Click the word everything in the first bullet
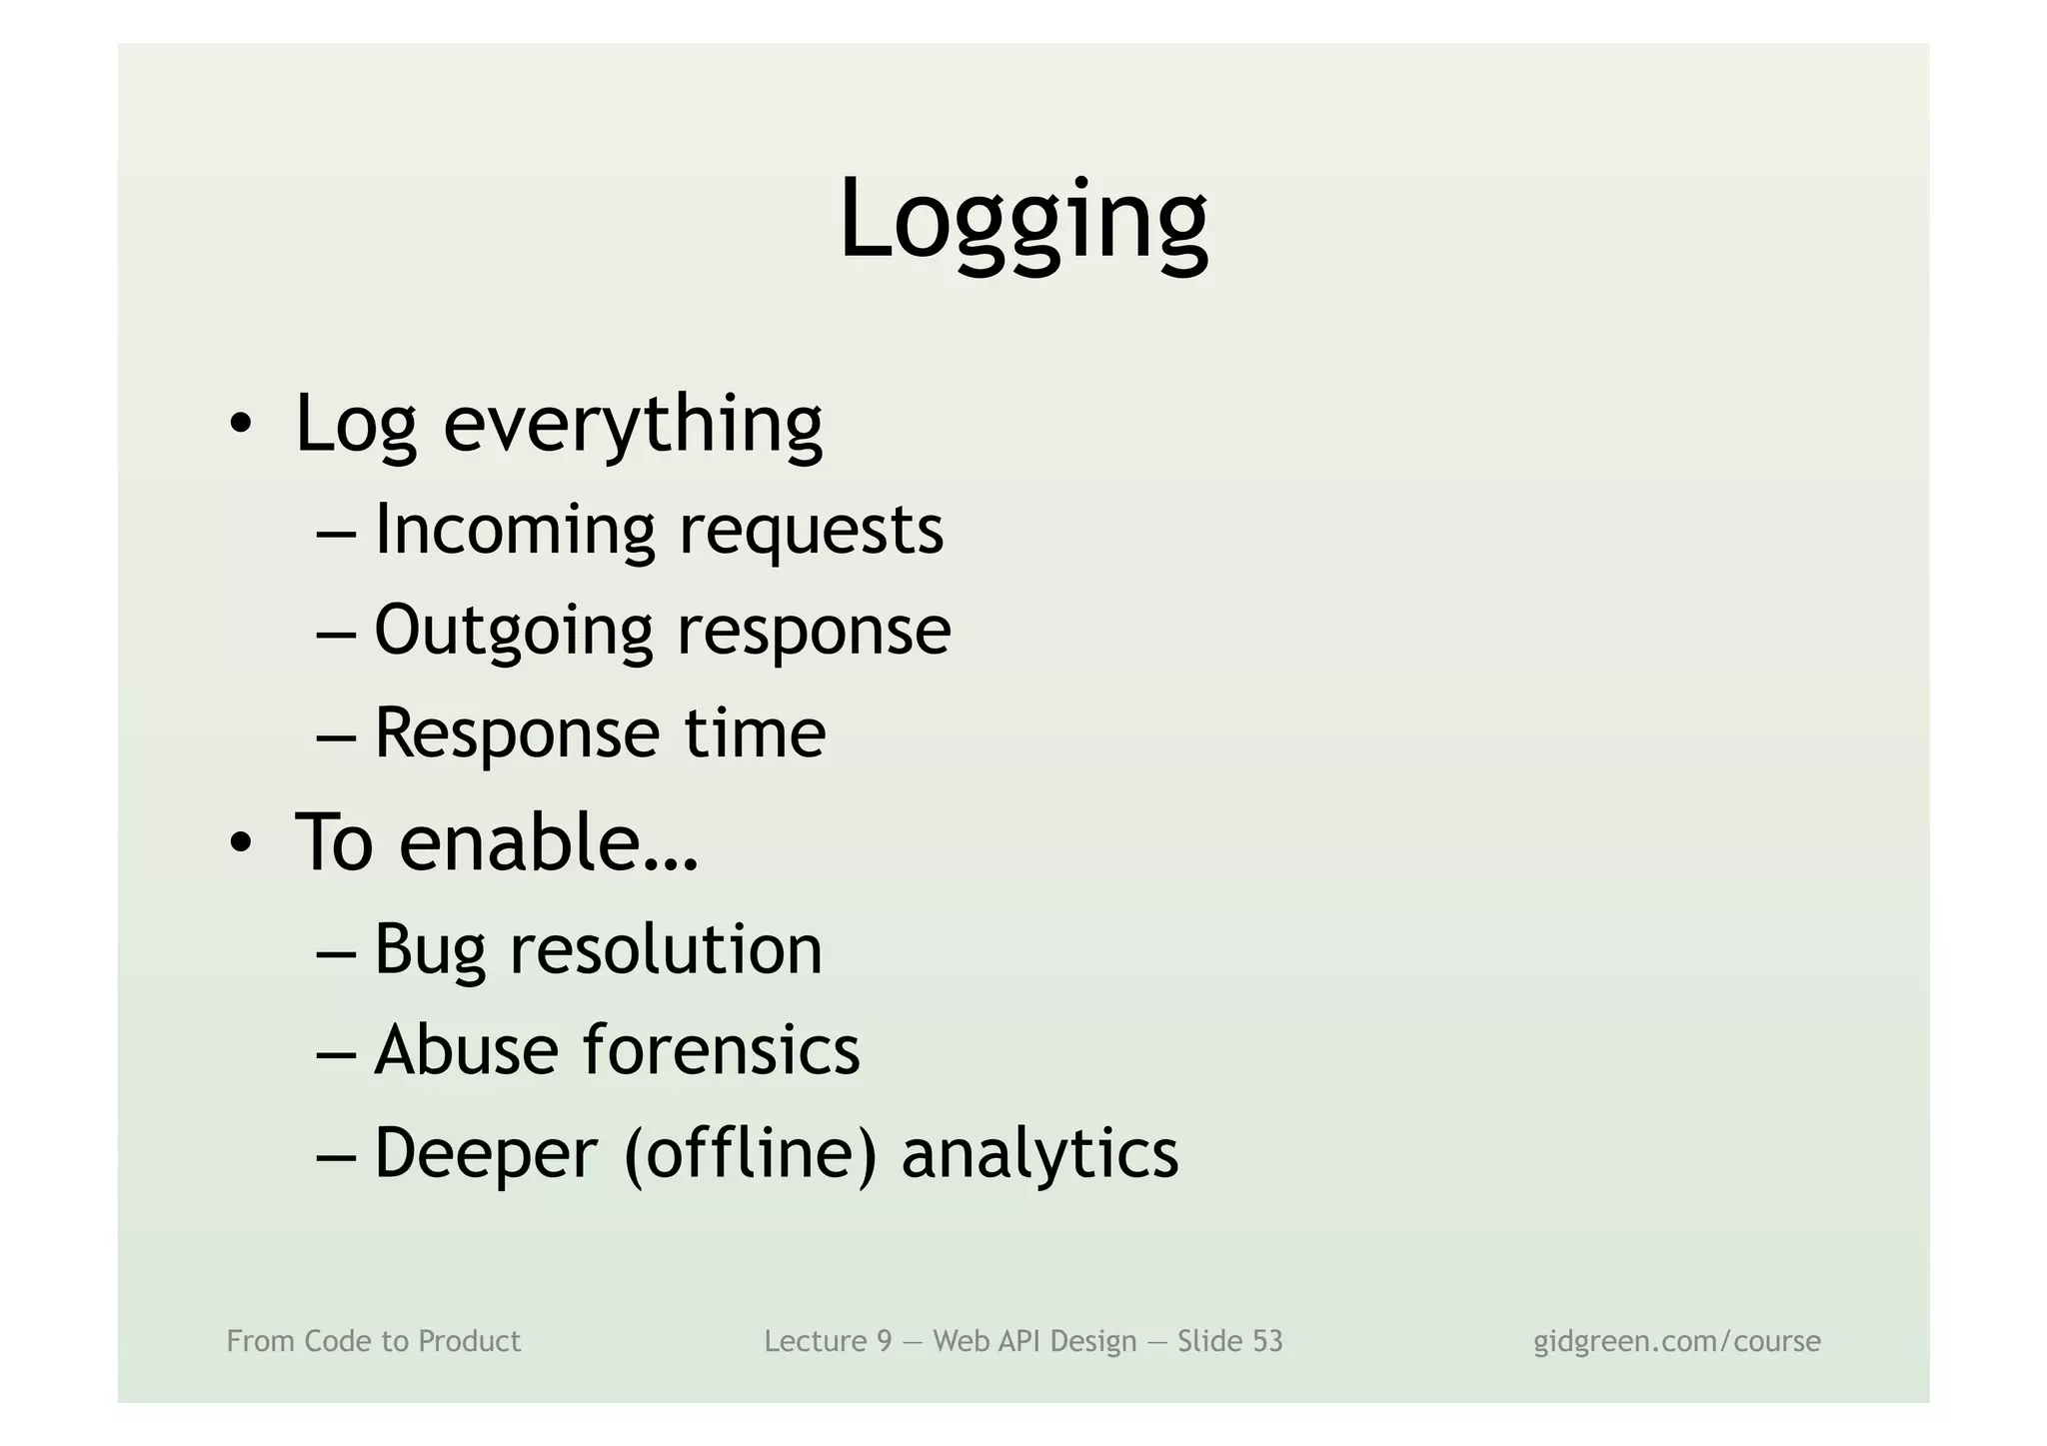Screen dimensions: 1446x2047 [633, 424]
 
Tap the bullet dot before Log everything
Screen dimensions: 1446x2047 [240, 426]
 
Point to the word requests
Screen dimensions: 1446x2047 [811, 533]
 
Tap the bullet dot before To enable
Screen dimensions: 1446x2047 [240, 845]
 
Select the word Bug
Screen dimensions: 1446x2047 [429, 949]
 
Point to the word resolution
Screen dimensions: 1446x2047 [666, 948]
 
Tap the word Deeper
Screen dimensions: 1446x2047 [486, 1153]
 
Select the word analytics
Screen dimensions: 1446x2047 [1039, 1153]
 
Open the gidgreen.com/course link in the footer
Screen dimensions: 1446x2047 [1676, 1341]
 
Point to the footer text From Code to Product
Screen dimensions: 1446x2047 [374, 1341]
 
